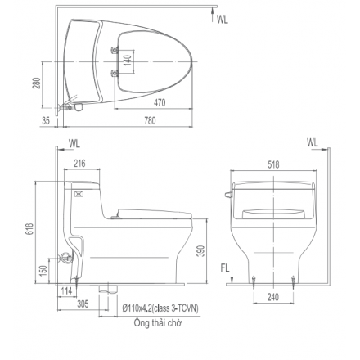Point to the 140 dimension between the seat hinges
click(x=126, y=61)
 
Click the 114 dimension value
click(x=67, y=291)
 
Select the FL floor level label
click(x=226, y=267)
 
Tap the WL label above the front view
click(x=313, y=142)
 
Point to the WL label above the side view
click(x=75, y=142)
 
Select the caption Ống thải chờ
click(x=158, y=323)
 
